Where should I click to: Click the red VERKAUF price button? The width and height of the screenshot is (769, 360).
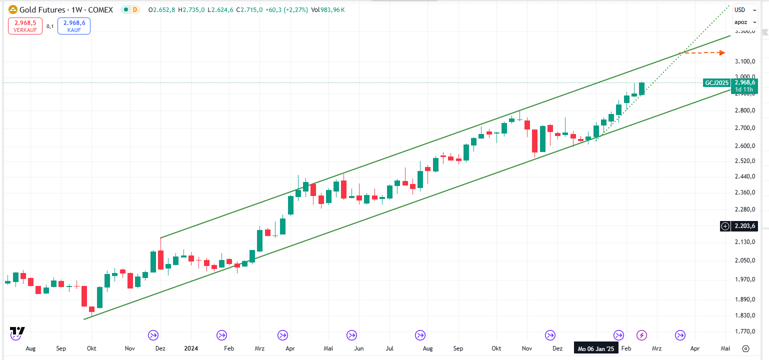[25, 26]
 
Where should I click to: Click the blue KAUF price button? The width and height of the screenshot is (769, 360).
[74, 26]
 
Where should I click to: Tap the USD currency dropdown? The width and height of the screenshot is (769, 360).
[739, 10]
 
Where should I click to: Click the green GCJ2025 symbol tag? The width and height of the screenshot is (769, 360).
[716, 82]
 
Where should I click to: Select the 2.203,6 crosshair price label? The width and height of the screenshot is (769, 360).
[744, 226]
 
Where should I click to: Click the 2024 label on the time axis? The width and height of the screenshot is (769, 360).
[191, 348]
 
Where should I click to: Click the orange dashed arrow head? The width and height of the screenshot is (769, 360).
[722, 52]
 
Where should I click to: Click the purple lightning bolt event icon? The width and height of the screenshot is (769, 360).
[641, 335]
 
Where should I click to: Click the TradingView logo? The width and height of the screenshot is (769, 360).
[17, 331]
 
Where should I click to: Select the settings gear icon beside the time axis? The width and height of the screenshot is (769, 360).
[745, 348]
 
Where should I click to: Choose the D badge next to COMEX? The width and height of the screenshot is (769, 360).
[134, 10]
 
